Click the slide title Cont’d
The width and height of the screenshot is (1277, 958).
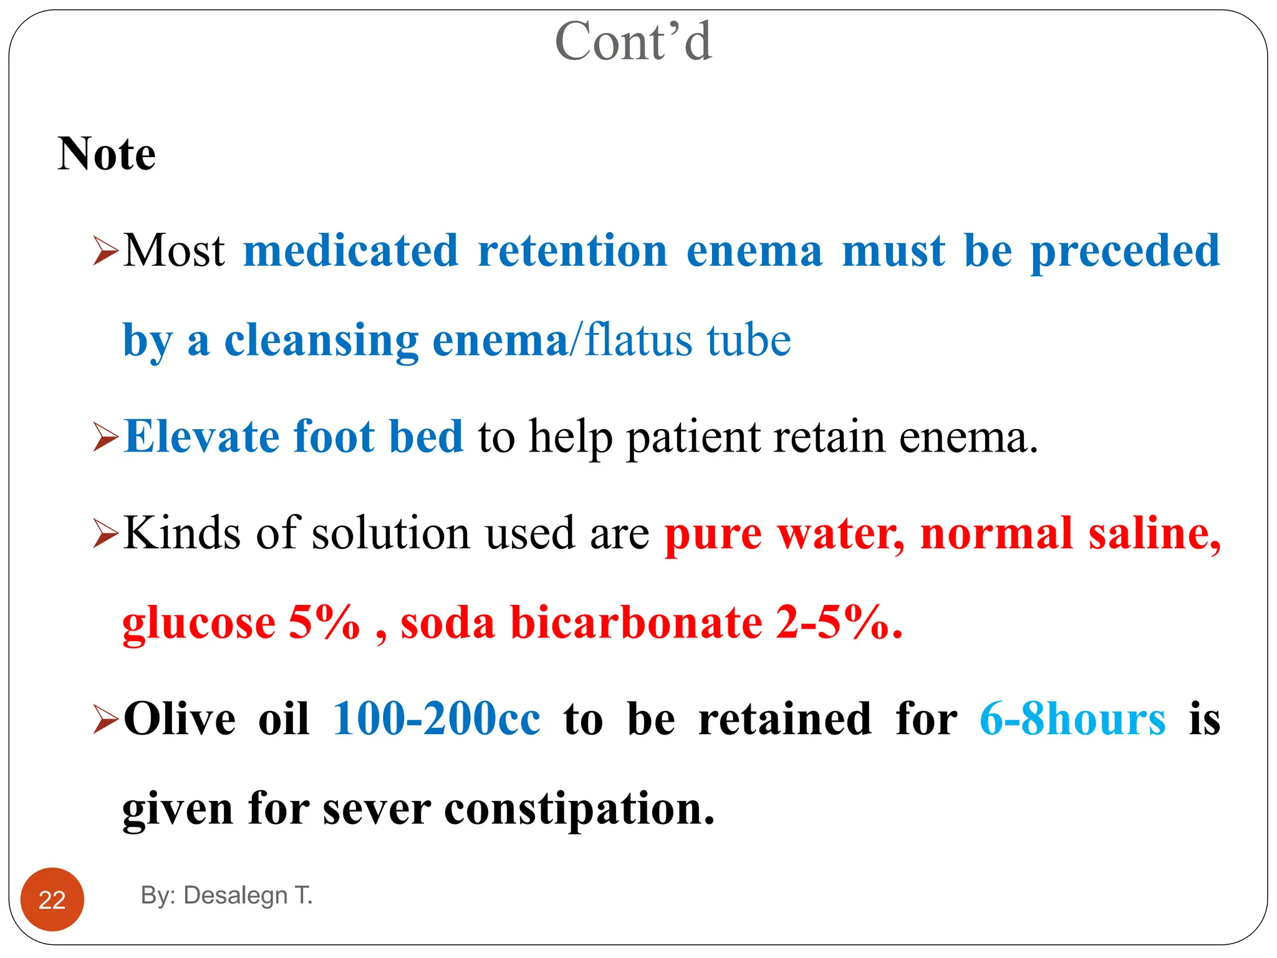point(633,42)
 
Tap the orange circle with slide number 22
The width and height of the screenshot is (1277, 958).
point(52,899)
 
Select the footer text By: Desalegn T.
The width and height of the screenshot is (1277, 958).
point(226,895)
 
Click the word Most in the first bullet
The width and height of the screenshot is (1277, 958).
point(173,251)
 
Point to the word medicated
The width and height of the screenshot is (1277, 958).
point(351,251)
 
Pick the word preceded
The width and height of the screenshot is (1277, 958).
point(1125,251)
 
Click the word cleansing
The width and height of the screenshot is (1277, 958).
point(321,341)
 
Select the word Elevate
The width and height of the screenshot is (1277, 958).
point(201,436)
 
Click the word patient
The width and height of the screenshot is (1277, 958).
point(693,437)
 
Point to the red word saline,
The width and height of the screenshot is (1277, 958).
point(1154,535)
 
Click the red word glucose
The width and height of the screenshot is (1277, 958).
point(198,624)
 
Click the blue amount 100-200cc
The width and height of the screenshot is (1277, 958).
point(436,719)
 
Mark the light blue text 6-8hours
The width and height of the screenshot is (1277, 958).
point(1072,719)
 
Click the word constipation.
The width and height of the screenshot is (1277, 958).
point(579,809)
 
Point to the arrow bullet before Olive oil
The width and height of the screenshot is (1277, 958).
point(105,720)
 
